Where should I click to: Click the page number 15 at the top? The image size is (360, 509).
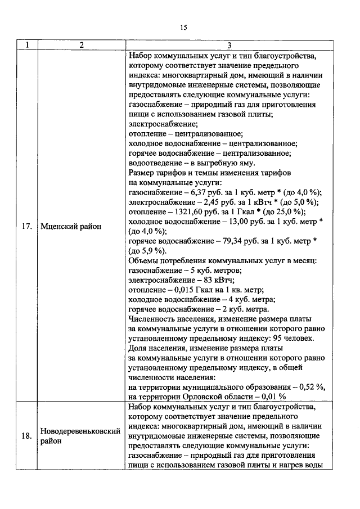[183, 28]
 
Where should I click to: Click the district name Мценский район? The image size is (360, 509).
[71, 227]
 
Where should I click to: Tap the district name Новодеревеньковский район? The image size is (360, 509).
[81, 436]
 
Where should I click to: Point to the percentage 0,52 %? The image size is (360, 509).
[308, 388]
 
